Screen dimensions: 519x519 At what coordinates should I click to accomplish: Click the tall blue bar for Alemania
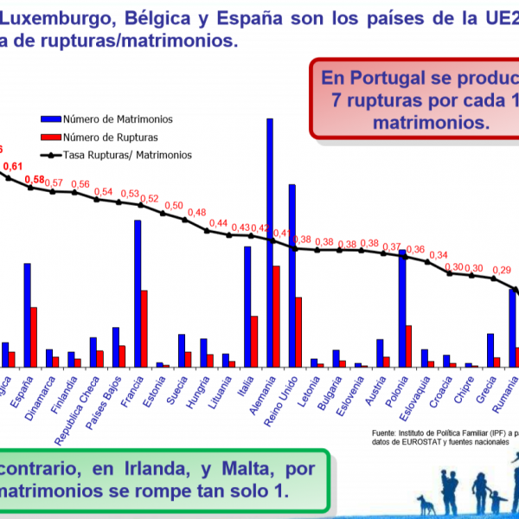click(x=270, y=242)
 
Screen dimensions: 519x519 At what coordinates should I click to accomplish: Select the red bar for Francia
click(x=144, y=329)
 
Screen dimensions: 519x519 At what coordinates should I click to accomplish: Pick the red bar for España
click(x=34, y=336)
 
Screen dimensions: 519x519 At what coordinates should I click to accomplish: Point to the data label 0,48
click(x=196, y=213)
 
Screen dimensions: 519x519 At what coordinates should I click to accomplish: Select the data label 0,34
click(x=439, y=255)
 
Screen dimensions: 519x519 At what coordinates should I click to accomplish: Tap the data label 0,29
click(x=501, y=271)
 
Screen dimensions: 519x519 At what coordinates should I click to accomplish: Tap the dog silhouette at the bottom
click(x=426, y=504)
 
